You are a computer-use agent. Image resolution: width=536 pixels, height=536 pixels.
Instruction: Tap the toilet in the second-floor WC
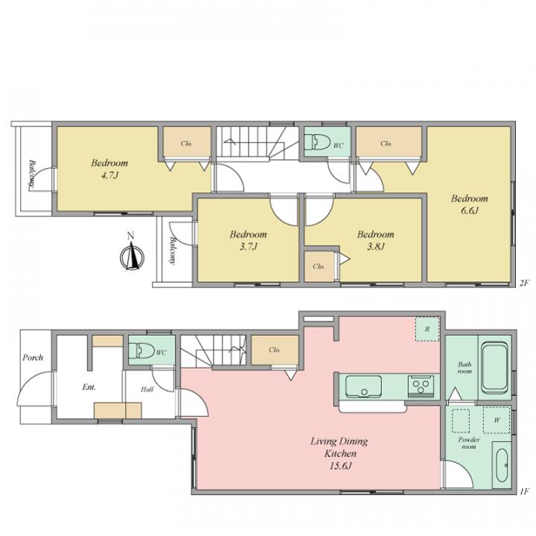click(317, 142)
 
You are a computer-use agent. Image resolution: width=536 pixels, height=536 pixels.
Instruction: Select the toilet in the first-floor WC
click(141, 351)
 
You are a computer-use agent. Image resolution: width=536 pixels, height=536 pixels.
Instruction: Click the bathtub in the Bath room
click(494, 368)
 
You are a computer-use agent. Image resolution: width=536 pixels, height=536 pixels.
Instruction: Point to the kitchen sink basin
click(363, 387)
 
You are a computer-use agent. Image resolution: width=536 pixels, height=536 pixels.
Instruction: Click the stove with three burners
click(421, 386)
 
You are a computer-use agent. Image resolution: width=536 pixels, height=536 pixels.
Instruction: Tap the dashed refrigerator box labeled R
click(427, 329)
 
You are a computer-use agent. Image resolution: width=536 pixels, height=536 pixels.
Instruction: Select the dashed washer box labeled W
click(497, 421)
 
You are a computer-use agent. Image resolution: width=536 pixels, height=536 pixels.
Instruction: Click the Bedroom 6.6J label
click(469, 205)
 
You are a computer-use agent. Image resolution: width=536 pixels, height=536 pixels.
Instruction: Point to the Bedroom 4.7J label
click(109, 169)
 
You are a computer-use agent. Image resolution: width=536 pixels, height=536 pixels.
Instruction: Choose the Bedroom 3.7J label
click(248, 240)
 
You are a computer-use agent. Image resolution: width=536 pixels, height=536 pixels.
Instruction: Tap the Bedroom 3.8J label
click(376, 240)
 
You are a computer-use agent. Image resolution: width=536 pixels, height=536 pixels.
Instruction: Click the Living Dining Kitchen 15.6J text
click(339, 453)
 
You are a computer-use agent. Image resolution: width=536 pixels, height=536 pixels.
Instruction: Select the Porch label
click(33, 357)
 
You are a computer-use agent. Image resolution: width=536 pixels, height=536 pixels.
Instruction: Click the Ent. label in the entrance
click(89, 387)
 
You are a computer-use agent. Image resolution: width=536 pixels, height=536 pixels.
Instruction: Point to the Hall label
click(147, 389)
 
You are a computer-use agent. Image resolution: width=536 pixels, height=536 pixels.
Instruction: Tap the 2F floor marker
click(525, 283)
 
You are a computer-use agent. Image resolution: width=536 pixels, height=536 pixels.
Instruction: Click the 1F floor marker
click(525, 491)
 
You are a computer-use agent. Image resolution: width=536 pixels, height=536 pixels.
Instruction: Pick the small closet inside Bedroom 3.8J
click(319, 267)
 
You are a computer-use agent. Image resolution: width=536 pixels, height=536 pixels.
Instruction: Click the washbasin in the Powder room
click(502, 465)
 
